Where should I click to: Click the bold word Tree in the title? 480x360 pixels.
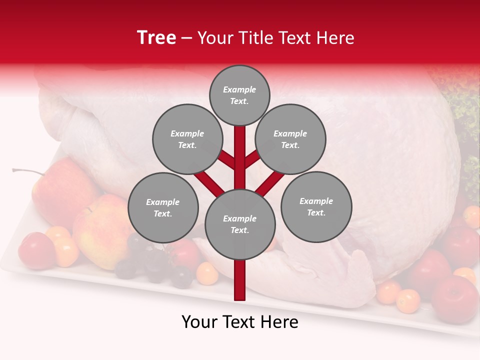156,37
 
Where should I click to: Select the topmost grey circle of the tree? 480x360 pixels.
239,95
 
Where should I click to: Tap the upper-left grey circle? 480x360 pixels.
187,139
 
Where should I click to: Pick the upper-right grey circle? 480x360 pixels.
290,139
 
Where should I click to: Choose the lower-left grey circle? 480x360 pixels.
162,207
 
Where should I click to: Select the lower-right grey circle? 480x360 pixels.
316,206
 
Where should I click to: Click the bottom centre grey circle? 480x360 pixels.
239,224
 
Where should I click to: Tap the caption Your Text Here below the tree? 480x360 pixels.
240,322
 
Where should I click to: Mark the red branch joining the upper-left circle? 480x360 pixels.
226,160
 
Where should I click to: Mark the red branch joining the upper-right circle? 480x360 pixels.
252,159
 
